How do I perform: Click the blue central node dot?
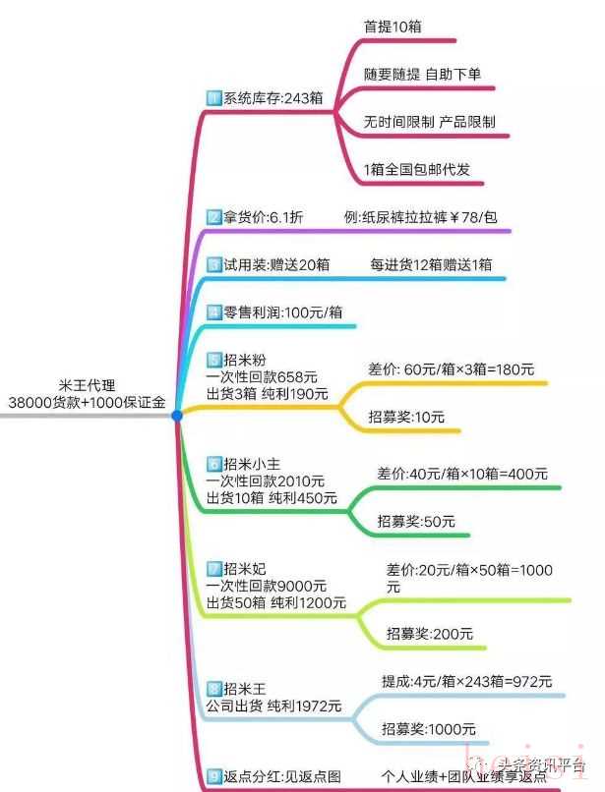pos(177,417)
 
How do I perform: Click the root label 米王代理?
pos(87,386)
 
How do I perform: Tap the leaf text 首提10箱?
pos(393,28)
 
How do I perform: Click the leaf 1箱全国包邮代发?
pos(417,169)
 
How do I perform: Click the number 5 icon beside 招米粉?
pos(214,360)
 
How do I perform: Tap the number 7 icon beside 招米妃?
pos(214,568)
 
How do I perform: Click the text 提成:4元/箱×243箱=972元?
pos(466,681)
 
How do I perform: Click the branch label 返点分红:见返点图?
pos(276,776)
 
